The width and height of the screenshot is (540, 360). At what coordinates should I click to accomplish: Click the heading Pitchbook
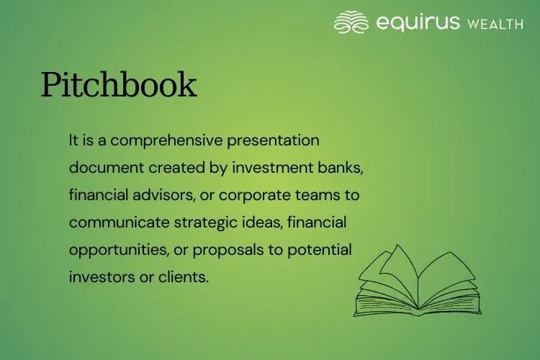coord(119,86)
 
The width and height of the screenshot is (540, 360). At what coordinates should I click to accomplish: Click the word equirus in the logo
coord(418,22)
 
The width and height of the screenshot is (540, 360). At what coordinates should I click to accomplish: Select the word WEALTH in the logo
coord(495,23)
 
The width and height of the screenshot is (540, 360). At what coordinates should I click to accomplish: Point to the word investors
coord(102,277)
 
